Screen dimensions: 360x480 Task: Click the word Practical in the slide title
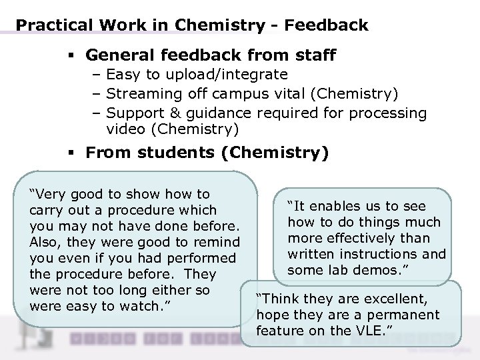49,26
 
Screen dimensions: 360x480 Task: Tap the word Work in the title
113,26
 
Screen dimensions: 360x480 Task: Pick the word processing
386,113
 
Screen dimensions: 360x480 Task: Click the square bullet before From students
70,153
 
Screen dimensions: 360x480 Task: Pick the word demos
384,269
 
